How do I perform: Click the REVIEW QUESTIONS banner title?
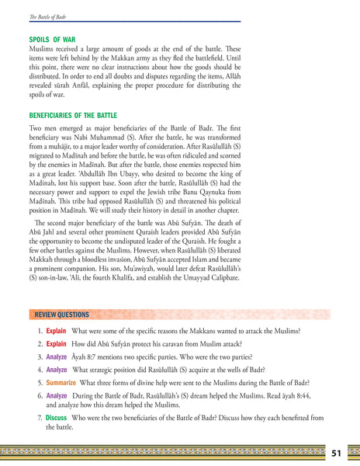(x=61, y=315)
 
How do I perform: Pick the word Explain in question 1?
(x=56, y=331)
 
